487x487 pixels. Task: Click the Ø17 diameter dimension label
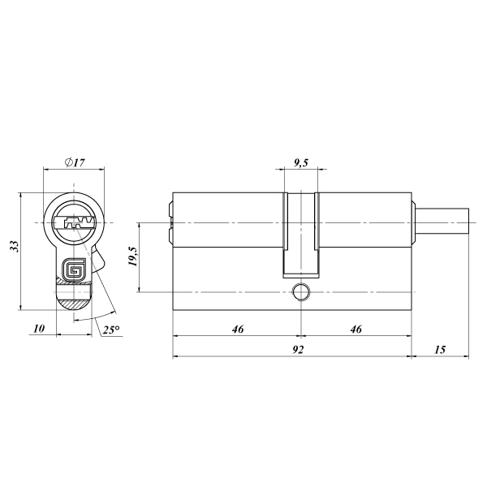point(75,162)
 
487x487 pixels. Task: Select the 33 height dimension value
point(15,246)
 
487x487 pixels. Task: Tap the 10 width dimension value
point(39,328)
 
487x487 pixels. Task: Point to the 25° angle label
point(111,330)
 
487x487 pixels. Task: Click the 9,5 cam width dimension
point(300,162)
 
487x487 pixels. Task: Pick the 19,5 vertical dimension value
point(132,256)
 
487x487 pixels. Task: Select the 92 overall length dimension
point(298,349)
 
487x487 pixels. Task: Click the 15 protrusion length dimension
point(440,349)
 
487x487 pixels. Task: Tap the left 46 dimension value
point(238,329)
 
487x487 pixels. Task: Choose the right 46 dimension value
point(356,329)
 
